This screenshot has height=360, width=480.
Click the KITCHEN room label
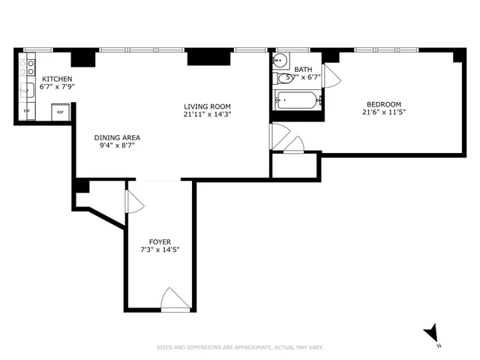coord(57,79)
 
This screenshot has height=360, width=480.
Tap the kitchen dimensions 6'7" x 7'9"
coord(57,87)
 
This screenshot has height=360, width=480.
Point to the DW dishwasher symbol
coord(26,112)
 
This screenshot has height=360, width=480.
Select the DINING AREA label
coord(117,137)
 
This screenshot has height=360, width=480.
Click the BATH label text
coord(303,69)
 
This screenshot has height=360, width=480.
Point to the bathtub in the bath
coord(298,100)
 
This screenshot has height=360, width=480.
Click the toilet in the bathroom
coord(284,78)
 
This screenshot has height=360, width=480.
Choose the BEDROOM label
coord(383,104)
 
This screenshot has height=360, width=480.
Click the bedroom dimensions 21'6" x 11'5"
coord(383,112)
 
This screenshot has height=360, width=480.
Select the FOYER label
coord(160,241)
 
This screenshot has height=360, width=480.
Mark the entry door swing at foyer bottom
coord(175,299)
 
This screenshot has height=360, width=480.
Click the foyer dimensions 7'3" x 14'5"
coord(160,249)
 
